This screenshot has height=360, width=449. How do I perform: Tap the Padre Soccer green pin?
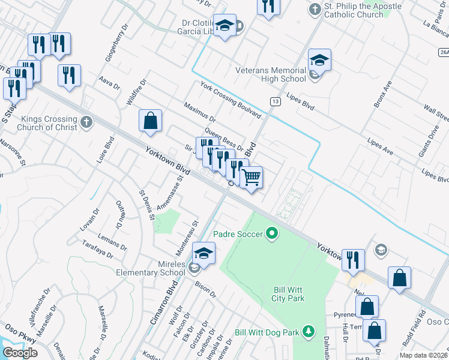[x=272, y=233]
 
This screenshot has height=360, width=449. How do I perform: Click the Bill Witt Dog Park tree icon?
[x=308, y=331]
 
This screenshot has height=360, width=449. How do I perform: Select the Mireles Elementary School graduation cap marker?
[x=203, y=254]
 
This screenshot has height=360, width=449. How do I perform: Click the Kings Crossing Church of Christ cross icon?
[x=86, y=122]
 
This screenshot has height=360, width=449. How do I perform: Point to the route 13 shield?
[x=275, y=102]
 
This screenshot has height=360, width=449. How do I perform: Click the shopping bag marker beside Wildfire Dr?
[x=150, y=121]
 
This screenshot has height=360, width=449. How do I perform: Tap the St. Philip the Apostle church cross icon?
[x=315, y=10]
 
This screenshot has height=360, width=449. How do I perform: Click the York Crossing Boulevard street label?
[x=231, y=100]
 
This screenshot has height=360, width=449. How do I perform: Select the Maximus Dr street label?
[x=200, y=111]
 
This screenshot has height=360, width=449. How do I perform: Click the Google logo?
[x=20, y=353]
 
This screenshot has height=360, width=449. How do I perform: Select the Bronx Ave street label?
[x=382, y=94]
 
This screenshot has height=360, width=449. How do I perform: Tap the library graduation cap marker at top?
[x=224, y=26]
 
